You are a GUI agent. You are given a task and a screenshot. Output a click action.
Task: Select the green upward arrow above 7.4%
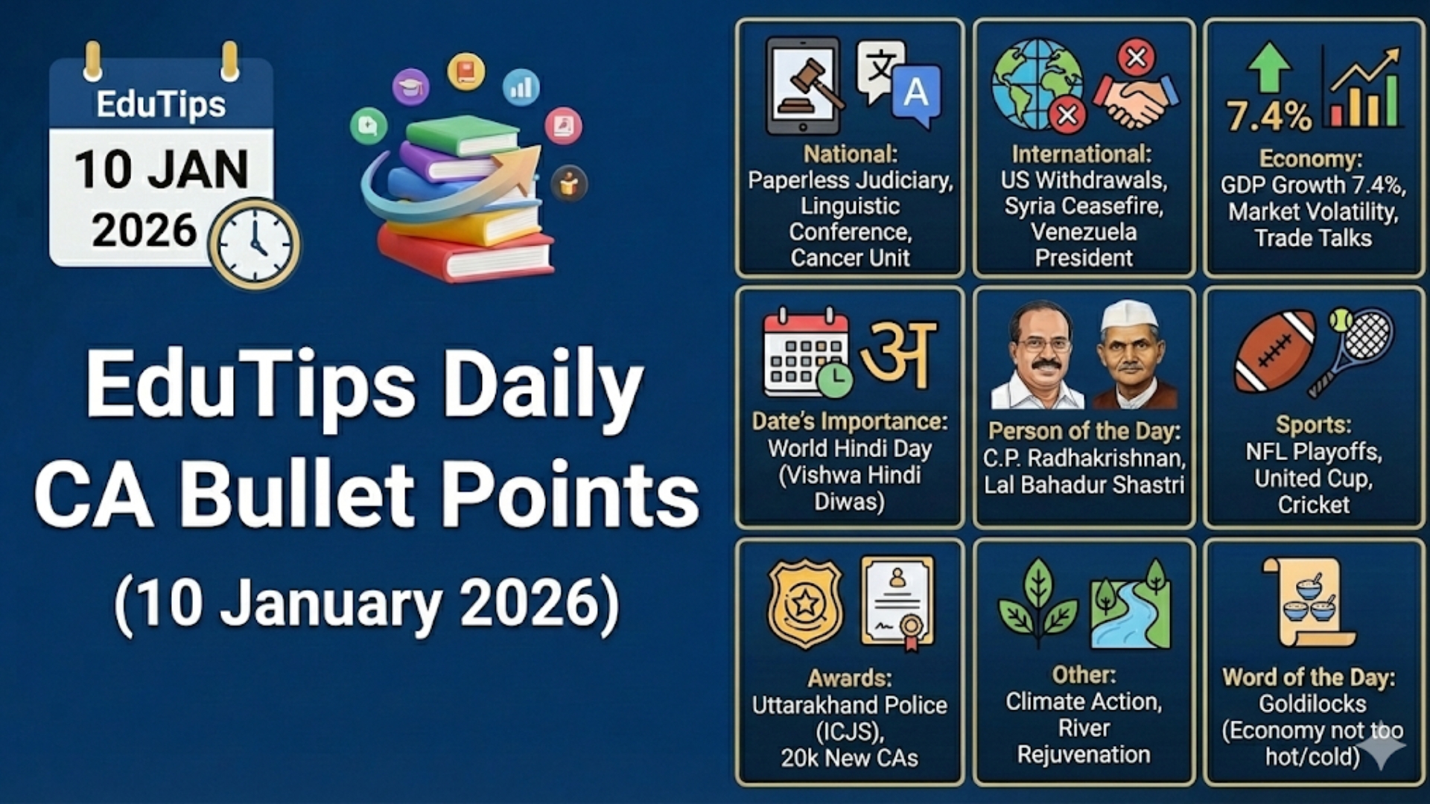click(x=1268, y=67)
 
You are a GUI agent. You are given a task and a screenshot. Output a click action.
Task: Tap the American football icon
click(x=1275, y=350)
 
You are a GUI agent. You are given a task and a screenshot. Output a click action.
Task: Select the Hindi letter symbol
click(x=898, y=354)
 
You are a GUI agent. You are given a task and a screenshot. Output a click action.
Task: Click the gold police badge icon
click(x=805, y=603)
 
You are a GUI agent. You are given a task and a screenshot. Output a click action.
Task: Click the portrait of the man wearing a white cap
click(x=1131, y=356)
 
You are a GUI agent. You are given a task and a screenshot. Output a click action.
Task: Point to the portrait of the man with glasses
click(x=1038, y=356)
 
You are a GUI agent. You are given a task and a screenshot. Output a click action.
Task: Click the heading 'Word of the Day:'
click(x=1309, y=677)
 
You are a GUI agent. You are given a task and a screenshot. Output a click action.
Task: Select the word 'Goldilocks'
click(x=1312, y=704)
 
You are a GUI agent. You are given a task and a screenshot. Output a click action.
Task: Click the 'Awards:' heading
click(x=849, y=678)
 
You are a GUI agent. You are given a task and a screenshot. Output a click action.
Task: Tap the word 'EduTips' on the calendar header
click(x=161, y=104)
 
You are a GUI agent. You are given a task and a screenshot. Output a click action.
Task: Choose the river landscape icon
click(x=1131, y=607)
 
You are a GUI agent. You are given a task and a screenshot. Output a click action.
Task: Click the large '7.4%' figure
click(x=1268, y=116)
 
